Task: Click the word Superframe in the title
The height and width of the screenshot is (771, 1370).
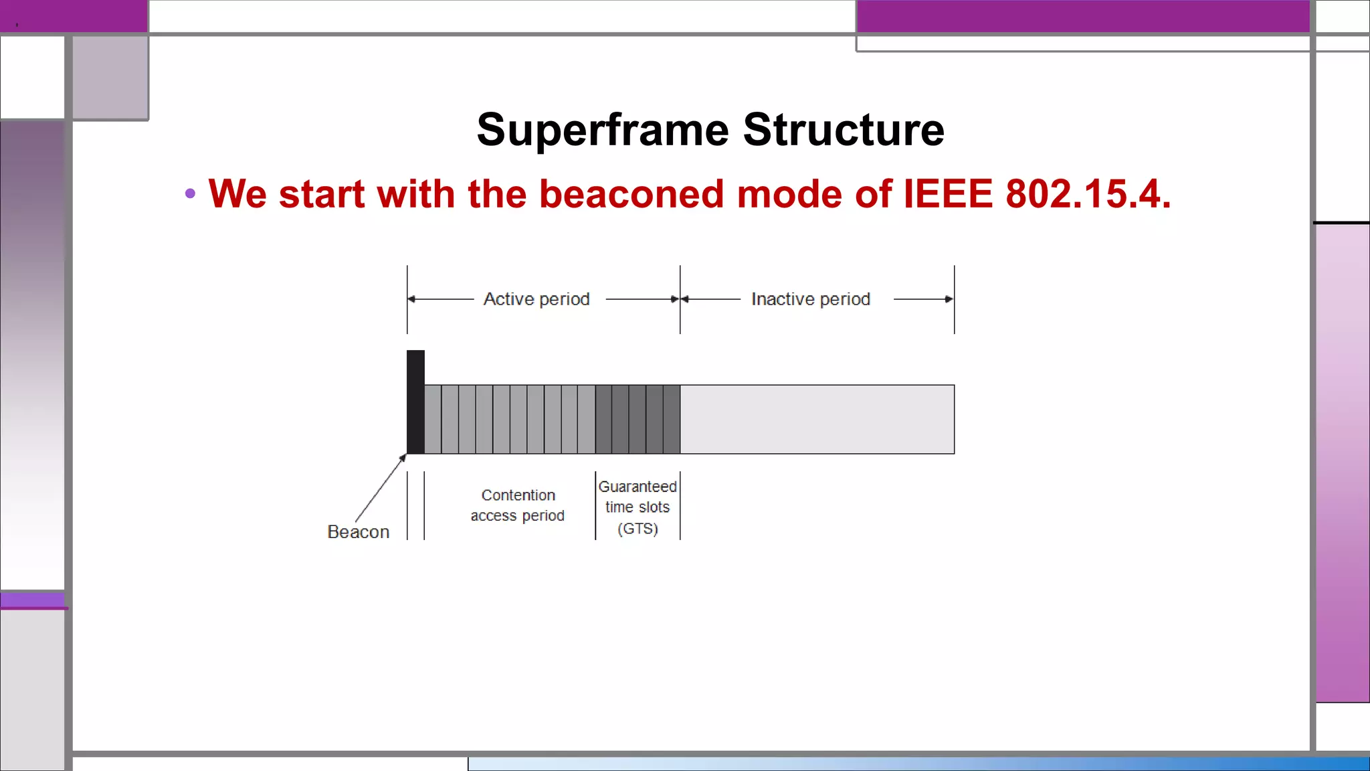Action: (602, 130)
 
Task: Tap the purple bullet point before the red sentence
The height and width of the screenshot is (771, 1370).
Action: (191, 194)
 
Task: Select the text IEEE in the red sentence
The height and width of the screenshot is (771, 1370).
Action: (948, 194)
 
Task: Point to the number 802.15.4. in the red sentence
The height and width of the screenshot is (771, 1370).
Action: (1088, 194)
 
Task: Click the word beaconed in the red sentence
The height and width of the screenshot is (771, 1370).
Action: (631, 194)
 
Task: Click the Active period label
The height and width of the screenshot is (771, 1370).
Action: (536, 299)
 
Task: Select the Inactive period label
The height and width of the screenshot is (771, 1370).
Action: (810, 299)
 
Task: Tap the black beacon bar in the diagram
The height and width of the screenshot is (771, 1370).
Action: (415, 402)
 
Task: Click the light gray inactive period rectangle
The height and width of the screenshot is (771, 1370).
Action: (817, 420)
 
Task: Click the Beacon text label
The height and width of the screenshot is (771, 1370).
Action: (358, 532)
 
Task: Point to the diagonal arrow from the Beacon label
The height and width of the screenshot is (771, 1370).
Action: (380, 489)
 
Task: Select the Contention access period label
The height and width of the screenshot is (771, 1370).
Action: (518, 505)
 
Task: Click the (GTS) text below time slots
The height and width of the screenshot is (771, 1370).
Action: (638, 529)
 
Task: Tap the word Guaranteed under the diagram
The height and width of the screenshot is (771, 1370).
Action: (638, 487)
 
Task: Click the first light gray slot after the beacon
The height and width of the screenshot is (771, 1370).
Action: (433, 420)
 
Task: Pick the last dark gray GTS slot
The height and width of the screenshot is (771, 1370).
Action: (672, 420)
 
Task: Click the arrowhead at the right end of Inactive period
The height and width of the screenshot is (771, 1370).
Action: (949, 299)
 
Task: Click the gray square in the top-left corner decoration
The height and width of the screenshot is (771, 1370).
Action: (110, 77)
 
